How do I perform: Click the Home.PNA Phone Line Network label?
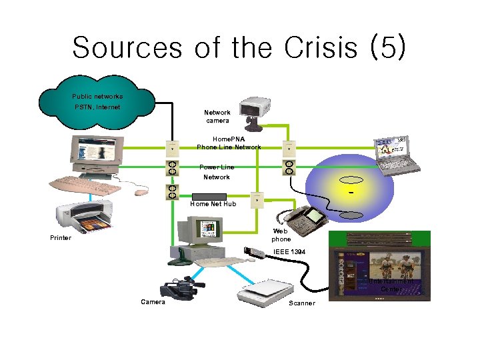(x=229, y=143)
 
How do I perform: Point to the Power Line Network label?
(x=217, y=172)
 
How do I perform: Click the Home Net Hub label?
(x=213, y=204)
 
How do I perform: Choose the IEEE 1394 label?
(x=289, y=252)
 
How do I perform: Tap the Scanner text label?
(x=301, y=304)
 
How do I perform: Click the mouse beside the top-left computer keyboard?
(x=139, y=193)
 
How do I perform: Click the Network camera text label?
(x=217, y=117)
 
